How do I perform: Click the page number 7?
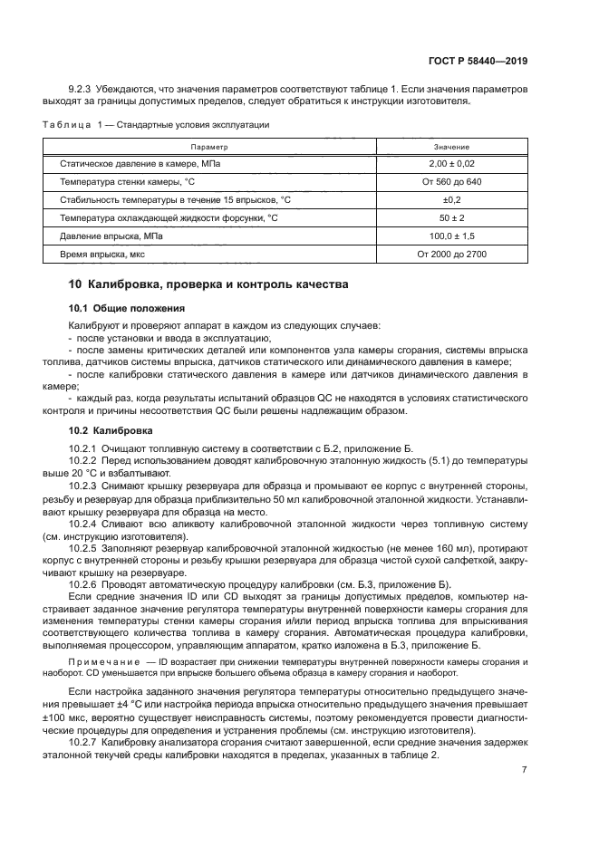click(x=525, y=770)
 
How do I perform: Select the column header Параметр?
click(x=209, y=146)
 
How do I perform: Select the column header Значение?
click(x=451, y=146)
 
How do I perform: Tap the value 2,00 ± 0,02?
click(x=451, y=163)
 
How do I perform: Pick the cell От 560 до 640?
click(x=451, y=181)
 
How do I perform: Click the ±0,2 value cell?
click(x=451, y=199)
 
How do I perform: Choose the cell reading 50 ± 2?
click(x=451, y=217)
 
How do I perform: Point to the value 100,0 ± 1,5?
click(x=451, y=236)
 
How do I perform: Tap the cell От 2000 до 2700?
click(x=451, y=254)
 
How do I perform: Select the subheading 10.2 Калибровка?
click(x=111, y=429)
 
